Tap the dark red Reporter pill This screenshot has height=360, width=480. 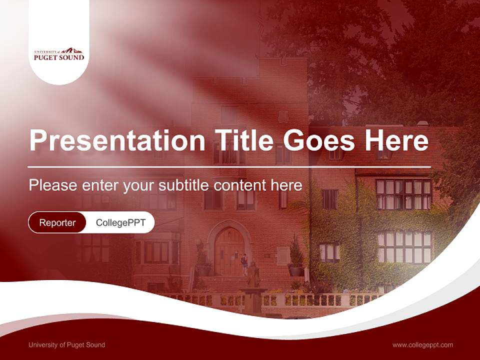(x=57, y=222)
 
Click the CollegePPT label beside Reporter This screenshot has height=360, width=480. (x=120, y=222)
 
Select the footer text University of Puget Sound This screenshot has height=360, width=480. (x=66, y=344)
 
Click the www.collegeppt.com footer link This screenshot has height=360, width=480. (x=422, y=344)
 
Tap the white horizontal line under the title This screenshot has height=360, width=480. (x=229, y=166)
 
